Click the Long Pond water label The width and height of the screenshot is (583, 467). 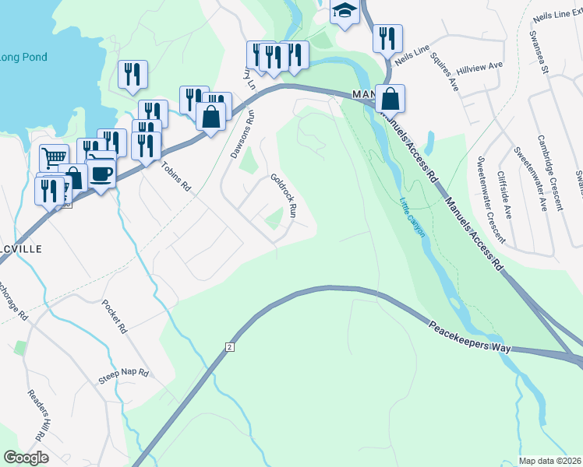coord(23,58)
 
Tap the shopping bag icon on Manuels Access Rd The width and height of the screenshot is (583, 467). coord(390,99)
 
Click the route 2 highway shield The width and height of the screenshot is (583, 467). coord(230,346)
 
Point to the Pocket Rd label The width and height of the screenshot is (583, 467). coord(115,317)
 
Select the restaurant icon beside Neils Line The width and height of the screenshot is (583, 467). coord(387,38)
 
